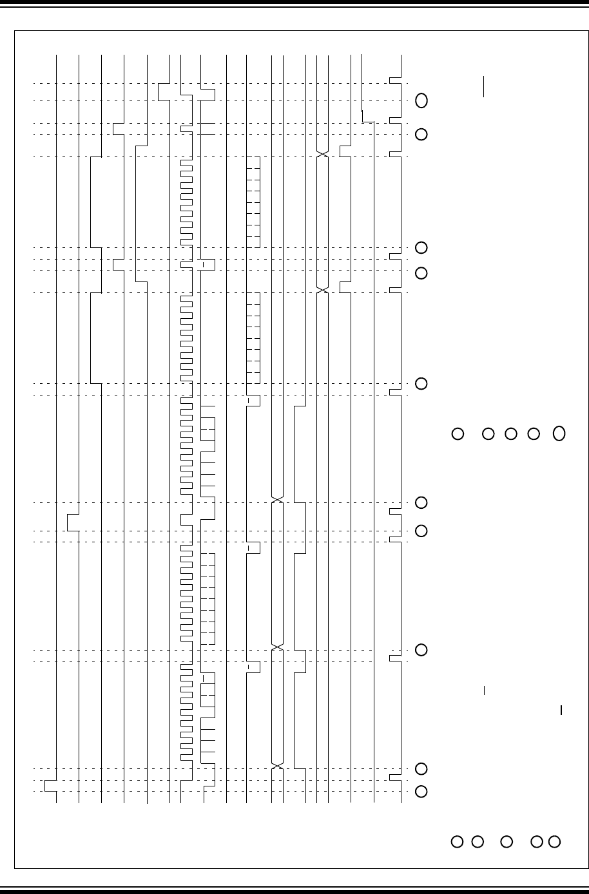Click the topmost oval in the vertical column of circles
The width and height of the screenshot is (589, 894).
[421, 100]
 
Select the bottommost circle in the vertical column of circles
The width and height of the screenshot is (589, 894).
[421, 792]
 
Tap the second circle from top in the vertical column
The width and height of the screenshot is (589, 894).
[421, 135]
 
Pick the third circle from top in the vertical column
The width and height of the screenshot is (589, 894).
[421, 247]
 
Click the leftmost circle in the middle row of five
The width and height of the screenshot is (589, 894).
[458, 433]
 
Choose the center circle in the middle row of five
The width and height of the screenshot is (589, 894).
[511, 433]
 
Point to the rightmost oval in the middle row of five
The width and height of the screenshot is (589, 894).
[559, 433]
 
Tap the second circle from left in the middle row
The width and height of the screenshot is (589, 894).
[488, 433]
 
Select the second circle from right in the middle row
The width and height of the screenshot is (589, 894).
[533, 433]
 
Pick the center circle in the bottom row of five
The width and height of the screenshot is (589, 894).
[507, 841]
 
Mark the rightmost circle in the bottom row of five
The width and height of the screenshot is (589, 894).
[554, 841]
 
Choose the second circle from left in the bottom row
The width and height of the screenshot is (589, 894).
[478, 841]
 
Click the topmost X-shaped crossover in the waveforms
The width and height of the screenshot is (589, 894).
[323, 155]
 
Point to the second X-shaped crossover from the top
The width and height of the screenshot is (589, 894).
[323, 290]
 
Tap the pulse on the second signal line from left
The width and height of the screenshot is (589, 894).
[72, 522]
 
